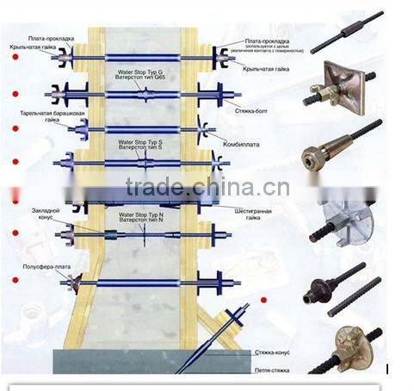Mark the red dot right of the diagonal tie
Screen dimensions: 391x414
pyautogui.click(x=264, y=300)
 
